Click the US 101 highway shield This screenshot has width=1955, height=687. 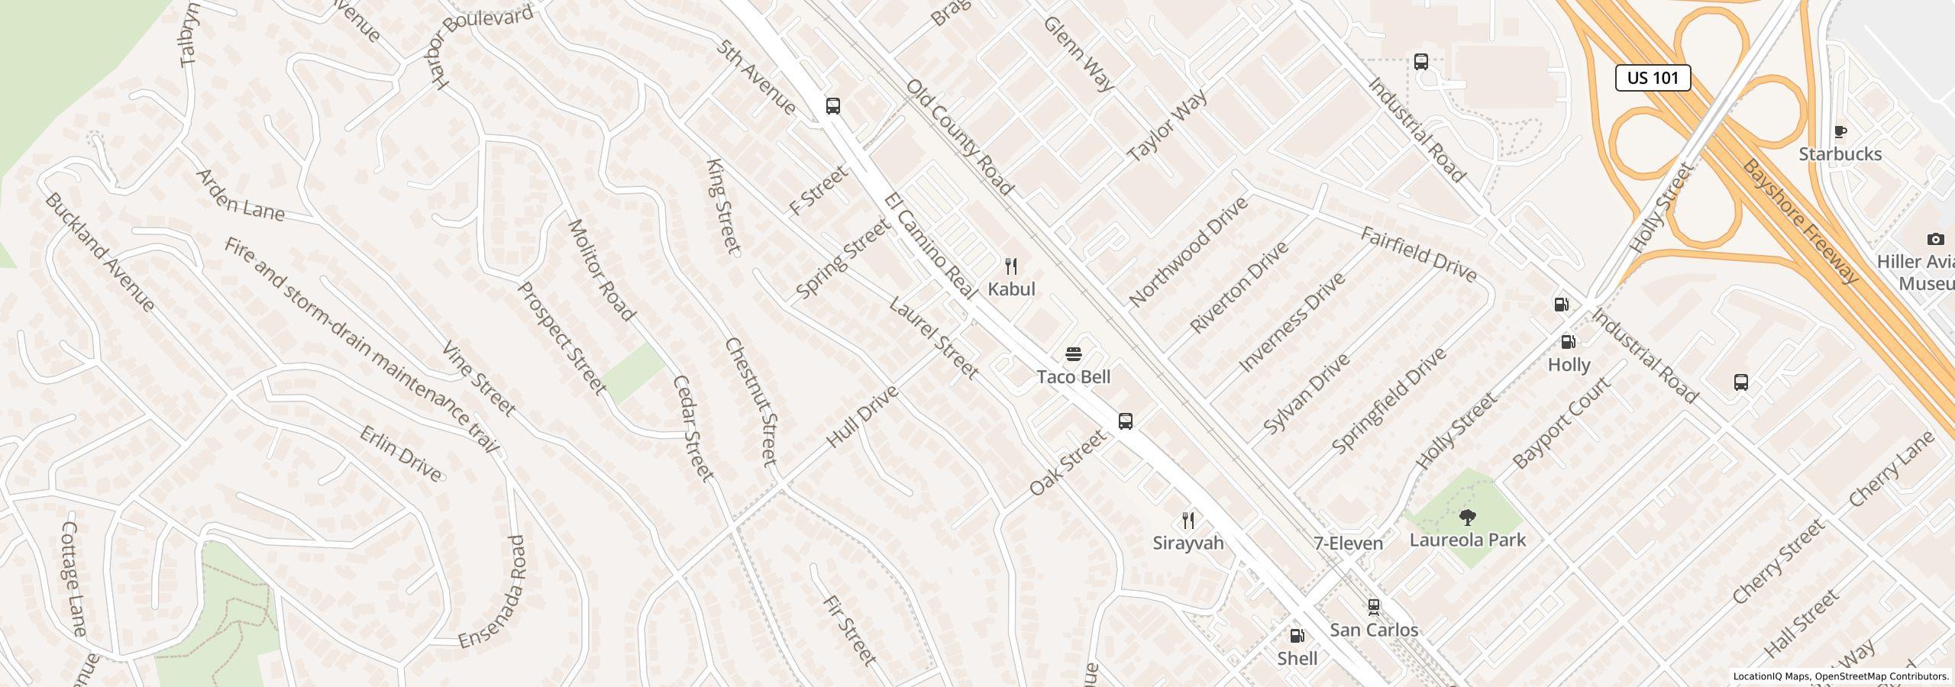coord(1653,78)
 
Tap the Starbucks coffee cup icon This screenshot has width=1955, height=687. coord(1840,132)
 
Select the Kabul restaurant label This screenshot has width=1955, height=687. coord(1011,289)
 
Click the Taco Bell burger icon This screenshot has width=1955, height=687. coord(1074,354)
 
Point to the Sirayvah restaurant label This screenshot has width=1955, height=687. coord(1188,543)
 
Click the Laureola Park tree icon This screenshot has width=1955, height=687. coord(1467,518)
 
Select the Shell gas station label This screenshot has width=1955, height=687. coord(1297,658)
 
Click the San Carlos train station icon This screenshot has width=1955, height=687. coord(1373,607)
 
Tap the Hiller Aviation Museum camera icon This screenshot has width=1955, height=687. coord(1935,240)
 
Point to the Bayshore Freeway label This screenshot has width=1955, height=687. coord(1800,221)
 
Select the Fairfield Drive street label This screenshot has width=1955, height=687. coord(1419,254)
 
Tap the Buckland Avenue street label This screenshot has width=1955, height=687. coord(100,252)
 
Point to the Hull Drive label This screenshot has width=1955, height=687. coord(862,417)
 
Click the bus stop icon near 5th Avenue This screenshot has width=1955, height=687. coord(833,106)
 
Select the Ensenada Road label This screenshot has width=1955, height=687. coord(494,592)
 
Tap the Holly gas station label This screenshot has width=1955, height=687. coord(1569,365)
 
